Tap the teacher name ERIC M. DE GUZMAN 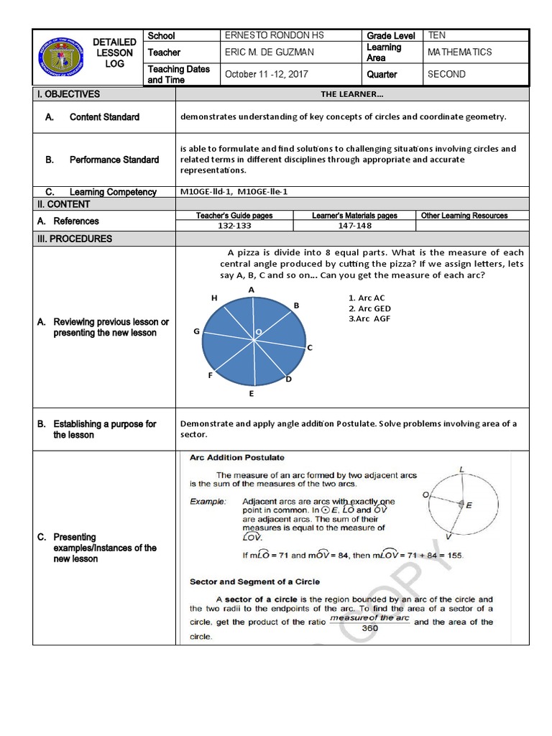pos(269,52)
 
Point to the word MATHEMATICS pos(459,52)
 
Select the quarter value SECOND pos(446,74)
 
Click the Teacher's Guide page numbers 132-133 pos(234,226)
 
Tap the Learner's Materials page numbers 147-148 pos(354,226)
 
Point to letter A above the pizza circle pos(252,290)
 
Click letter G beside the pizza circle pos(195,331)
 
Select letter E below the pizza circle pos(251,394)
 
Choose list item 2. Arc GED pos(370,308)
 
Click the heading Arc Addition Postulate pos(236,457)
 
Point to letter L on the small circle pos(461,470)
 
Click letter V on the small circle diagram pos(448,537)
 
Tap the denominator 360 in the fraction pos(369,627)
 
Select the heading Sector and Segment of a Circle pos(254,581)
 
